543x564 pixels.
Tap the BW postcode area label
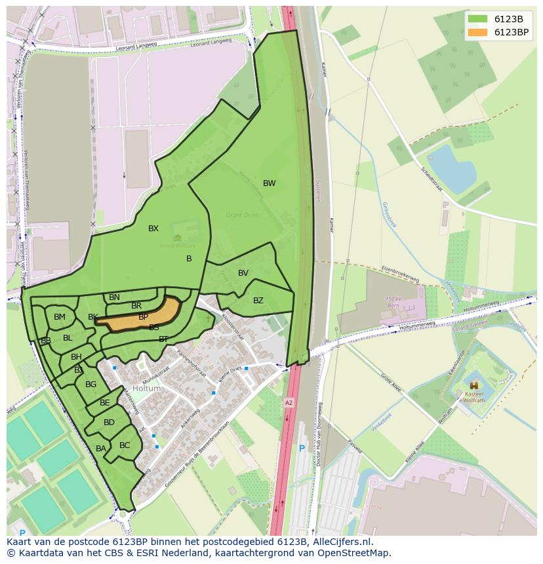pos(269,183)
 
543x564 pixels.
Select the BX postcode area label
pos(153,229)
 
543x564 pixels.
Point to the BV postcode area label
pos(243,273)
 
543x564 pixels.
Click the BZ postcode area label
pos(258,301)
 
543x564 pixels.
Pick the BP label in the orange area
pos(143,317)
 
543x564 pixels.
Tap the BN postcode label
pos(114,297)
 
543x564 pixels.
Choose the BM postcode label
pos(60,317)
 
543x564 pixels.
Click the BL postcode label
pos(68,338)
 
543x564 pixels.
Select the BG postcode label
pos(91,385)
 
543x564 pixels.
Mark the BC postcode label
pos(125,445)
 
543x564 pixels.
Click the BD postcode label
pos(109,423)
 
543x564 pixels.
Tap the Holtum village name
pos(146,388)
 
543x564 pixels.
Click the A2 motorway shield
pos(289,402)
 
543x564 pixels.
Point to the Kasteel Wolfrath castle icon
pos(473,386)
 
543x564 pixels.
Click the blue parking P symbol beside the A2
pos(302,449)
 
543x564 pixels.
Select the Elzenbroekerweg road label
pos(399,274)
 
